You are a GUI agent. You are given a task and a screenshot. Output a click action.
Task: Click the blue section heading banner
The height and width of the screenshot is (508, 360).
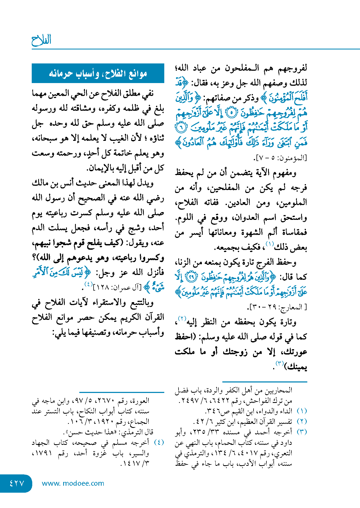[x=98, y=73]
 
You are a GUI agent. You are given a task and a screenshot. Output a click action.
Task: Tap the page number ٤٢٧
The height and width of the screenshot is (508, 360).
[x=17, y=483]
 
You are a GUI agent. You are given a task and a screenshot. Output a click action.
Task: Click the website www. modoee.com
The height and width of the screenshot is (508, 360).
[x=73, y=483]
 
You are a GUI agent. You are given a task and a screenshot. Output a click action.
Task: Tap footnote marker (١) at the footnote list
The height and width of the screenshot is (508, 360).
[x=302, y=411]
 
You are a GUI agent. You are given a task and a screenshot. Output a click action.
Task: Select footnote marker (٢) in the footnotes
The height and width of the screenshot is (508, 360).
[x=302, y=421]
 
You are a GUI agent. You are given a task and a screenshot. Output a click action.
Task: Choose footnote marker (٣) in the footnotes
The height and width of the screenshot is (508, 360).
[x=302, y=432]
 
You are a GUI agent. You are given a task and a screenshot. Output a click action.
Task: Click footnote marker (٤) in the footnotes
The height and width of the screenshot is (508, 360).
[x=159, y=442]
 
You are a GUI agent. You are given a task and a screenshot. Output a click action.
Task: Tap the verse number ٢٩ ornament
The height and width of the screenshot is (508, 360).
[x=192, y=277]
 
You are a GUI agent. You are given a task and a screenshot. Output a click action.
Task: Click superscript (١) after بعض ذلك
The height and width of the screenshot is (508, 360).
[x=270, y=244]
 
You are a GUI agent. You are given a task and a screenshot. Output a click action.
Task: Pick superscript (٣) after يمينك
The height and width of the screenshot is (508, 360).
[x=280, y=364]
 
